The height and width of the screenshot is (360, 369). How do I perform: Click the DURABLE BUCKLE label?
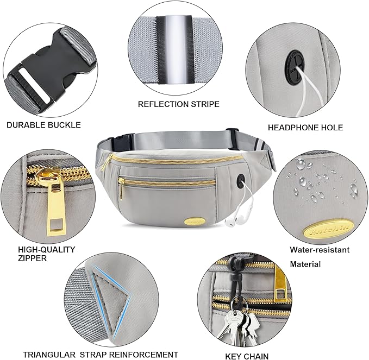click(x=43, y=125)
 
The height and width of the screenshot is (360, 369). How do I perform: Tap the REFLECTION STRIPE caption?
click(x=178, y=104)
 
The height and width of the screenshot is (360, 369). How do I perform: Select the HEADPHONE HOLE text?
click(x=305, y=128)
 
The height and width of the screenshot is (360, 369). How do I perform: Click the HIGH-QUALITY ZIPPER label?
click(x=47, y=254)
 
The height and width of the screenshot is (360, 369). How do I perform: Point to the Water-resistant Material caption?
click(x=320, y=257)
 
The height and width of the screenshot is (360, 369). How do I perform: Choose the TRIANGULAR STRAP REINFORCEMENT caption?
click(x=101, y=355)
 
